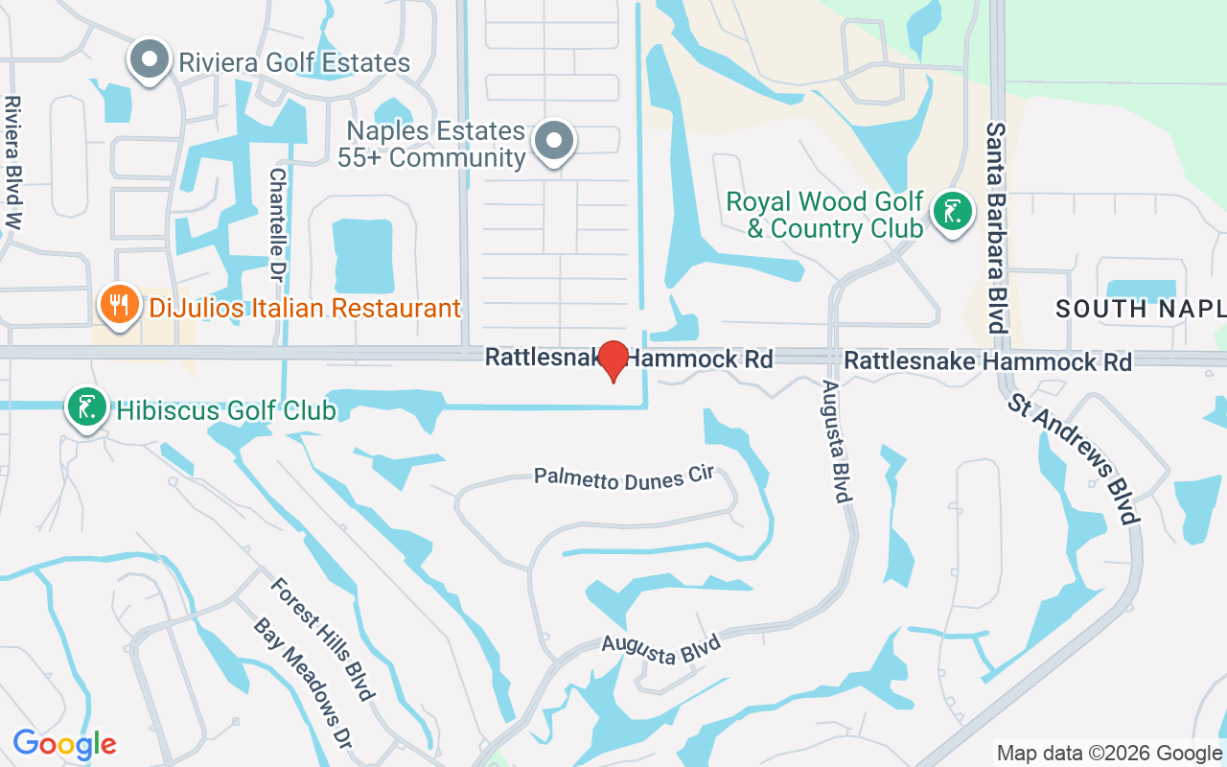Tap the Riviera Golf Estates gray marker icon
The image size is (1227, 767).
(149, 60)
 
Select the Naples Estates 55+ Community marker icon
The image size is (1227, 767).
(553, 142)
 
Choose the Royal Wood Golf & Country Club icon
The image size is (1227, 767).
(952, 213)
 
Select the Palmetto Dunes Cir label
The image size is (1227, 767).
(625, 478)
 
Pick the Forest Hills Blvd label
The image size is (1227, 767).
(320, 639)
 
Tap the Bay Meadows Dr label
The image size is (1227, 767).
(302, 682)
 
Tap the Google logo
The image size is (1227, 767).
(65, 744)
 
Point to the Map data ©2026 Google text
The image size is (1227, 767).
(1109, 754)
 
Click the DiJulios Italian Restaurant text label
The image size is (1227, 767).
(305, 309)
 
